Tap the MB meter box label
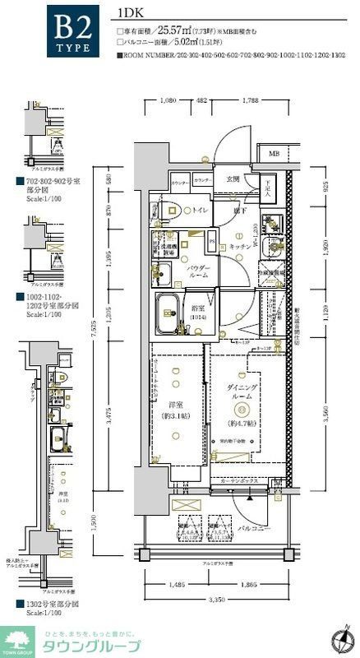273,154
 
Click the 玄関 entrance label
233,178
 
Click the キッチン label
239,246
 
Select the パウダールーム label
198,273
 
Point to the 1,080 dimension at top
167,102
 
